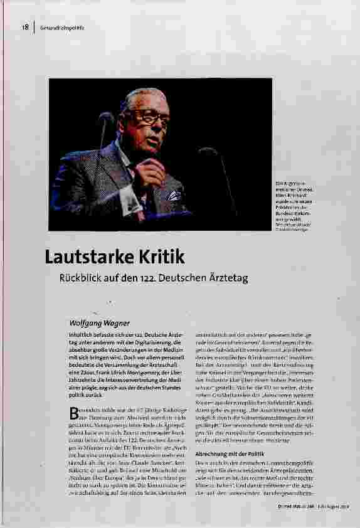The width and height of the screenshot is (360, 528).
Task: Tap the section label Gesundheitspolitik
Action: pos(61,28)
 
